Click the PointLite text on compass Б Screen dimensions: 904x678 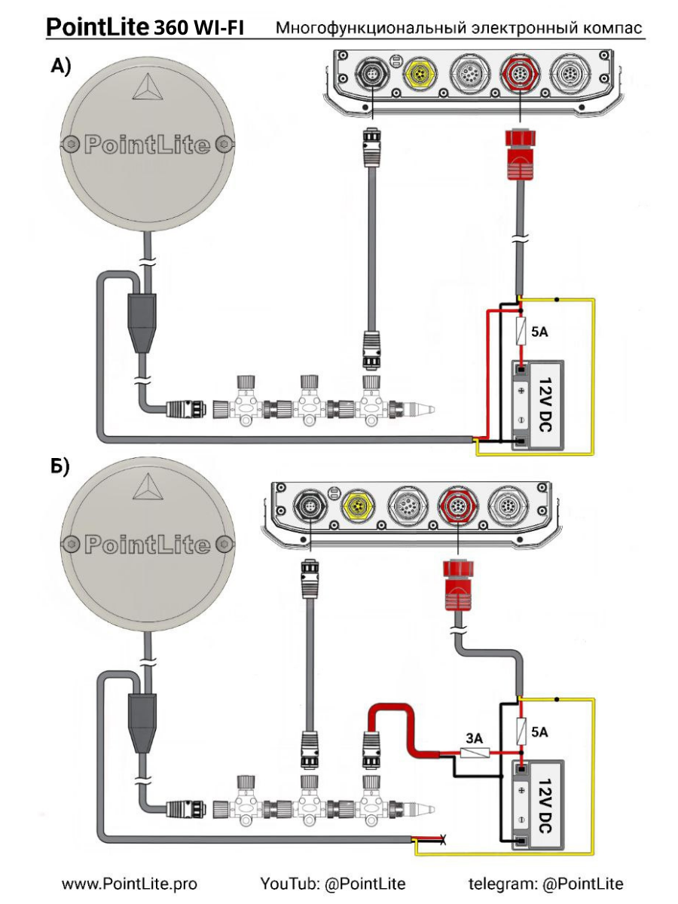tap(148, 544)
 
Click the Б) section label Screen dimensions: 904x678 tap(60, 467)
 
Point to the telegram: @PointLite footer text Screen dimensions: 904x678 tap(546, 884)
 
